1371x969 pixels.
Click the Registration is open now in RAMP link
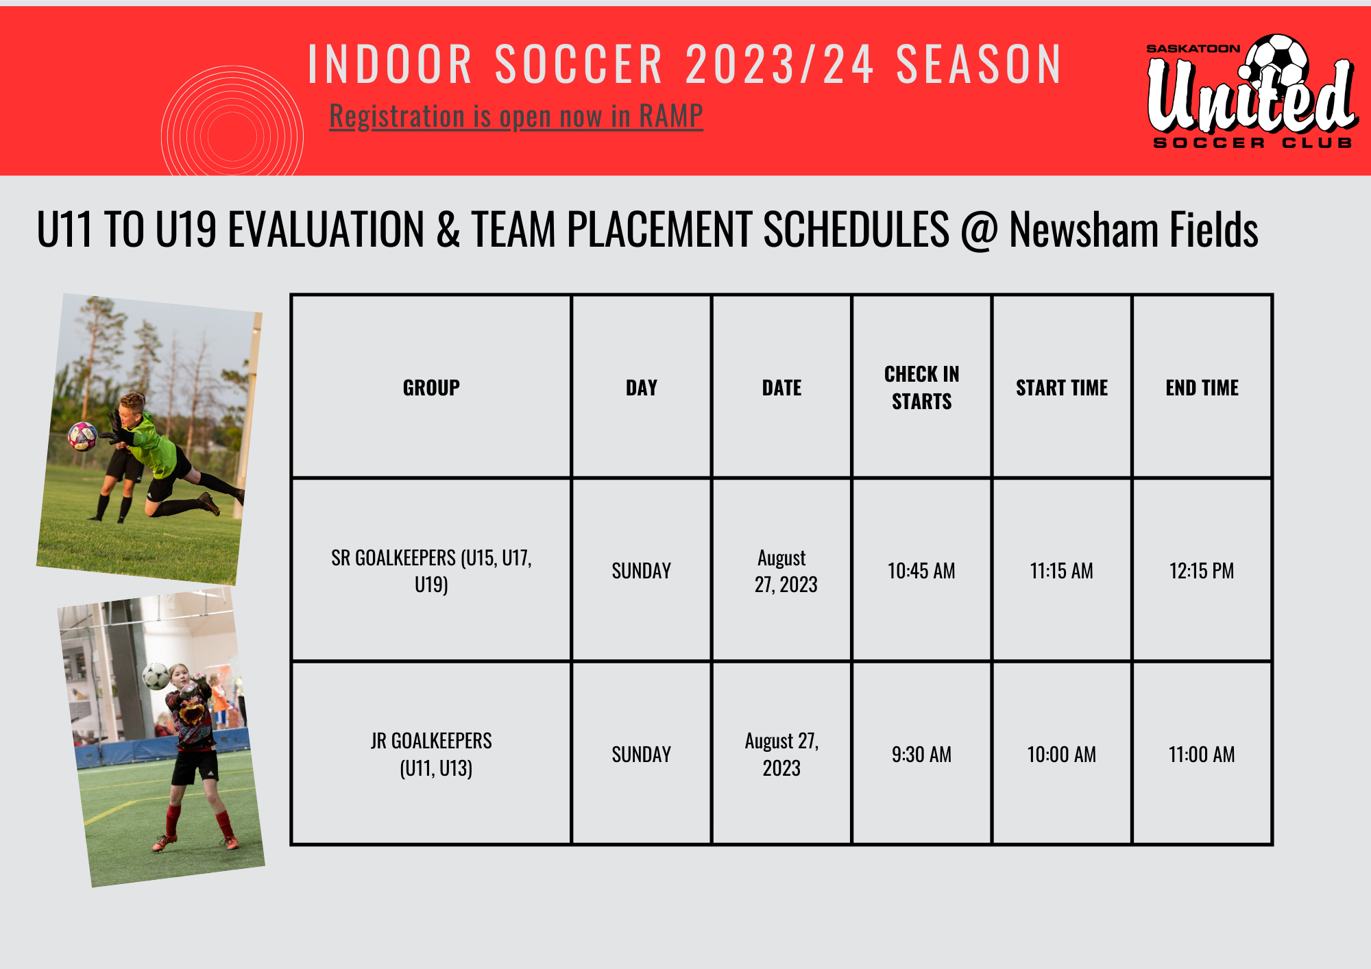(x=516, y=116)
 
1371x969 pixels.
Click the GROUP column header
(x=431, y=388)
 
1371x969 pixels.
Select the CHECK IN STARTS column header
(x=921, y=388)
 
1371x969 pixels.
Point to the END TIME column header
(x=1202, y=388)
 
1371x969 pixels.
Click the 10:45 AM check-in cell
(x=921, y=571)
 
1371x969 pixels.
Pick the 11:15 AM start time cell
(x=1061, y=571)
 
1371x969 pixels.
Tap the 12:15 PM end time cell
(x=1202, y=571)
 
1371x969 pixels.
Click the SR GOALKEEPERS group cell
(x=431, y=571)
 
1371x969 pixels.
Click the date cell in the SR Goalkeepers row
(x=782, y=571)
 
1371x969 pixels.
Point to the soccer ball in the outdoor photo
(x=83, y=437)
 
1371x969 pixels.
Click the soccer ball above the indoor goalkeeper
(x=156, y=676)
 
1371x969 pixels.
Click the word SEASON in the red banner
(x=979, y=64)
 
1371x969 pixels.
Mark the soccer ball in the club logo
(x=1276, y=60)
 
